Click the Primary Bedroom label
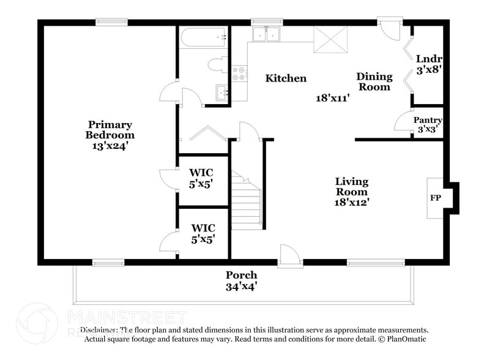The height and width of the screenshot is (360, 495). coord(110,130)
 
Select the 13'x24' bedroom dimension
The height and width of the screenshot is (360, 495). coord(110,146)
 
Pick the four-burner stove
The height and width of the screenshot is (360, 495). coord(239,74)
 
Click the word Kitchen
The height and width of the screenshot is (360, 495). coord(286,78)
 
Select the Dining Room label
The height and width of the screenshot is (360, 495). coord(374,81)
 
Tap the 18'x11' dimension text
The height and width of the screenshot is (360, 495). coord(332,97)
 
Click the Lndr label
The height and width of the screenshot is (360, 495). coord(429,59)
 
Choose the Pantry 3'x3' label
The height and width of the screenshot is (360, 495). coord(428,125)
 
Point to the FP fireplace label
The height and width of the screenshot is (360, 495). coord(436,198)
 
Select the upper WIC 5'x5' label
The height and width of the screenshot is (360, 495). coord(201,178)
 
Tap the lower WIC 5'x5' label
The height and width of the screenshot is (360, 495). coord(201,234)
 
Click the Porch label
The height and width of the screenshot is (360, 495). coord(241,275)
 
